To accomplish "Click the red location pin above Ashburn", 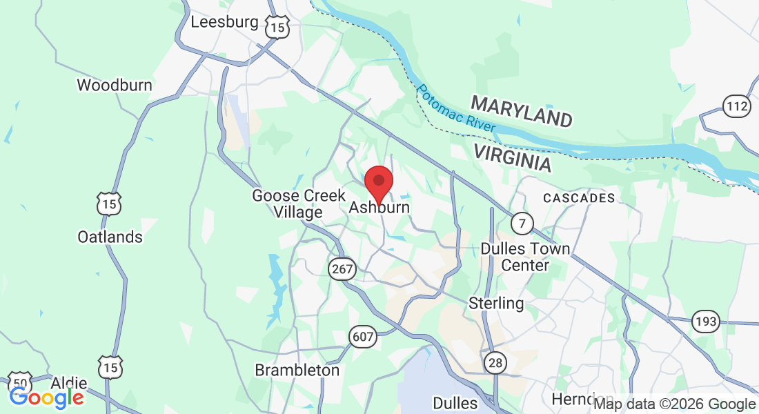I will (378, 181).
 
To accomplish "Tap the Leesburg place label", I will (224, 21).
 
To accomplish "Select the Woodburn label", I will (114, 86).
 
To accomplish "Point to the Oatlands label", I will (110, 237).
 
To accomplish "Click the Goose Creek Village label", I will (298, 204).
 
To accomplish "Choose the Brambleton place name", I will (297, 370).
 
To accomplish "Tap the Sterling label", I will (496, 303).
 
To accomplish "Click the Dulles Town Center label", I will (525, 257).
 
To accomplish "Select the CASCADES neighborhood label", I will (578, 198).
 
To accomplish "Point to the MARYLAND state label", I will (522, 111).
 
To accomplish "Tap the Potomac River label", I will (455, 108).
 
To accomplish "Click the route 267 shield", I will (342, 270).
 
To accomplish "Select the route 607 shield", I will (362, 337).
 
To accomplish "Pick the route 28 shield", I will (495, 363).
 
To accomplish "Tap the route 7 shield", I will (522, 223).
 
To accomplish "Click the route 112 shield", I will (737, 106).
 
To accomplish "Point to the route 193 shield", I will (707, 321).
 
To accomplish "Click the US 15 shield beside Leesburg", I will (277, 27).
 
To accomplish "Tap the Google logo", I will (46, 397).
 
